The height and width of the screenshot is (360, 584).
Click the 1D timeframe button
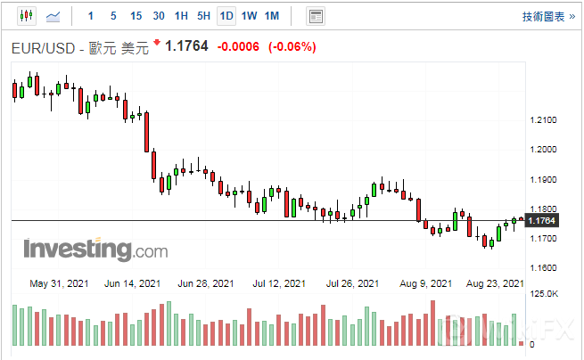(x=226, y=16)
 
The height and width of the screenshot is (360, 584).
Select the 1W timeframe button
(x=249, y=16)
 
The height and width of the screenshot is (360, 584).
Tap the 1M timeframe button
(x=272, y=16)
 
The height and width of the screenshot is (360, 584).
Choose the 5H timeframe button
(x=203, y=16)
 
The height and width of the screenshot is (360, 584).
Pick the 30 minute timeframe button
(x=158, y=16)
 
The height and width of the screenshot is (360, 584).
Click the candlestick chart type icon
(x=26, y=16)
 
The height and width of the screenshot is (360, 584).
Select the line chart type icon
(x=53, y=16)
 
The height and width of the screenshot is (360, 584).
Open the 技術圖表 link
(x=542, y=16)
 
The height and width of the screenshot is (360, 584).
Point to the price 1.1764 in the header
(x=187, y=47)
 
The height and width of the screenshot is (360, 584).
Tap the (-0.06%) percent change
(x=292, y=47)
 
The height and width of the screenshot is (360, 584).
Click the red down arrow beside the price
(x=158, y=43)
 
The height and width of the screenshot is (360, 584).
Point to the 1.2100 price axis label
(x=543, y=120)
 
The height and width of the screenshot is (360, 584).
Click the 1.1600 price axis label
(x=543, y=267)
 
